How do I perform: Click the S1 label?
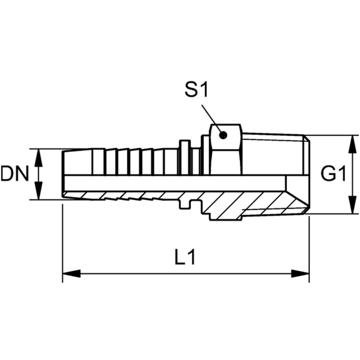click(x=197, y=90)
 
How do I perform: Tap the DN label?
click(x=15, y=174)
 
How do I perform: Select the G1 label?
click(x=333, y=174)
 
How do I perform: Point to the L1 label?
click(x=185, y=257)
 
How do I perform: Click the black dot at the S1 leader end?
click(x=223, y=135)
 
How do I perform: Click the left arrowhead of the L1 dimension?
click(x=71, y=274)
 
